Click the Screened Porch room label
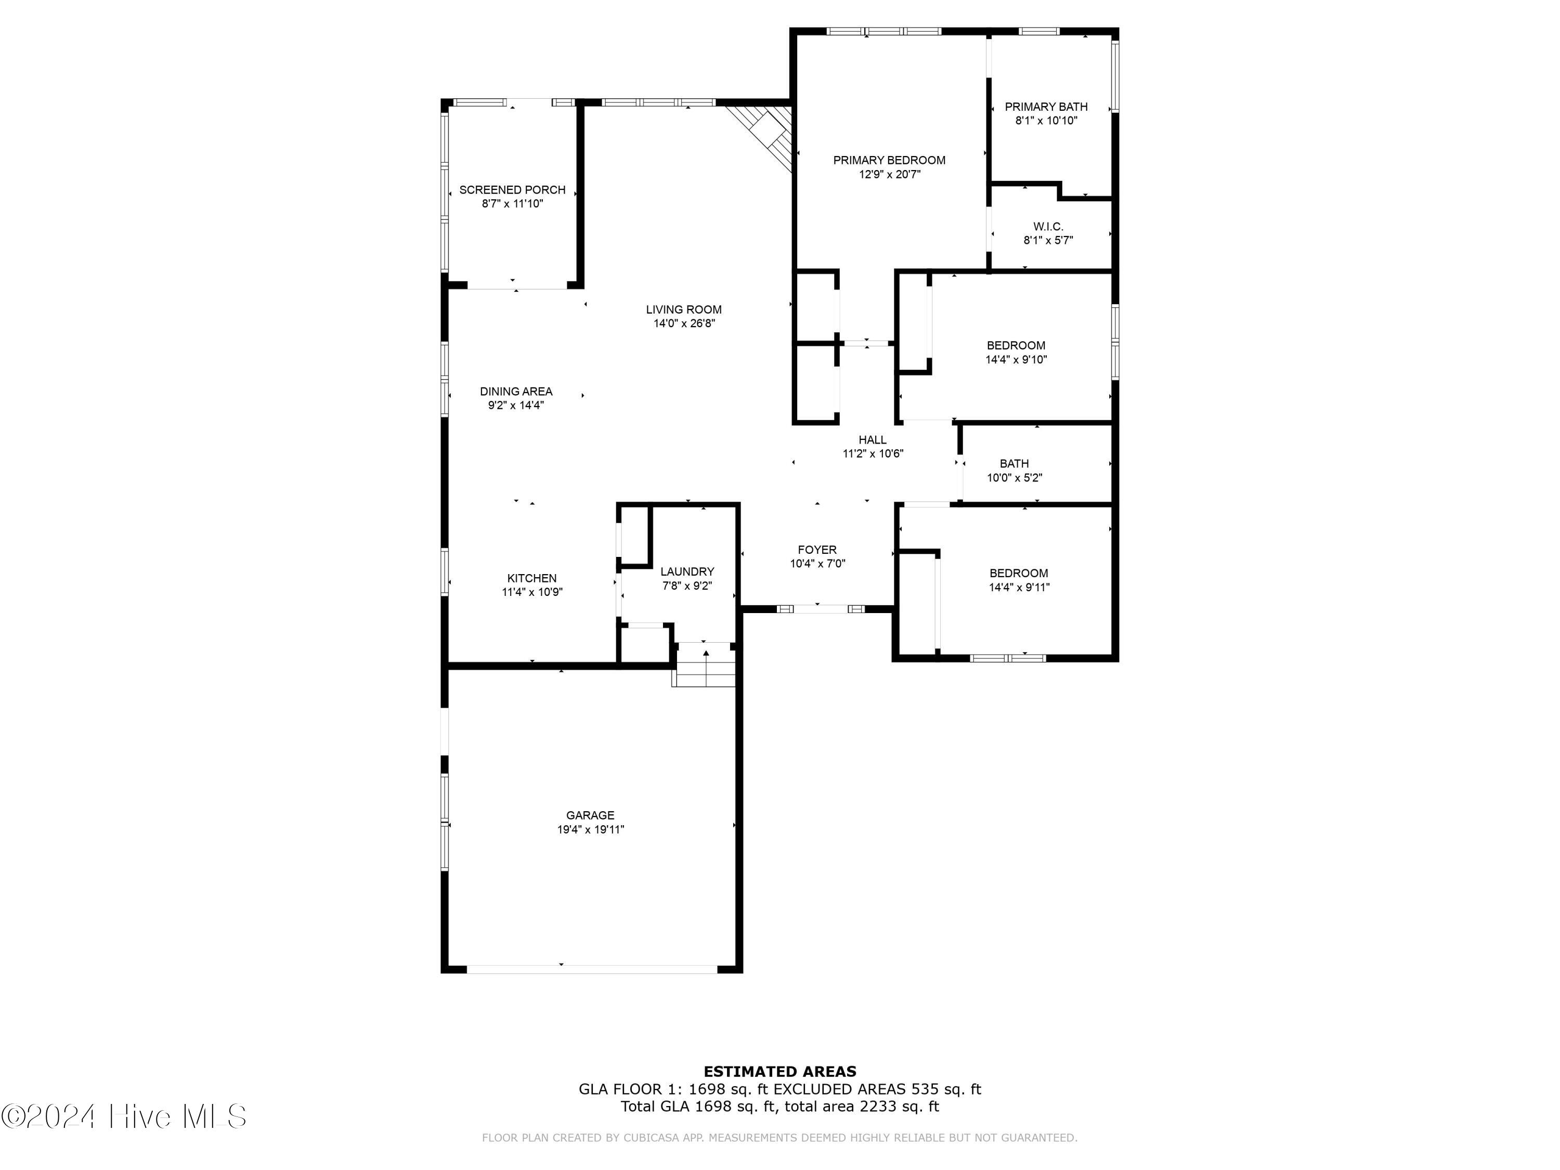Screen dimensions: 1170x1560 [512, 190]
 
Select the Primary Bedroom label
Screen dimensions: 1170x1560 [889, 160]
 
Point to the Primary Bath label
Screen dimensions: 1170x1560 [1045, 107]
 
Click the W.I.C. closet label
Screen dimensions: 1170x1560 [1047, 226]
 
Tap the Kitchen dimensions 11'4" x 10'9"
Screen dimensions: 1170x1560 [532, 592]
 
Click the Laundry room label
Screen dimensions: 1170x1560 [687, 571]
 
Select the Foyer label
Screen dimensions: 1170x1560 [817, 550]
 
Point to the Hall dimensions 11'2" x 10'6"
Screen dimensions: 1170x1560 [873, 453]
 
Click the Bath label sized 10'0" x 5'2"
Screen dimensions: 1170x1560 [1013, 463]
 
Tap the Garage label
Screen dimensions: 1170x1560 [590, 815]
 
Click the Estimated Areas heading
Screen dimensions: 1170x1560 [779, 1072]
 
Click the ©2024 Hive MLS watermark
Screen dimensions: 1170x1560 [123, 1116]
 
